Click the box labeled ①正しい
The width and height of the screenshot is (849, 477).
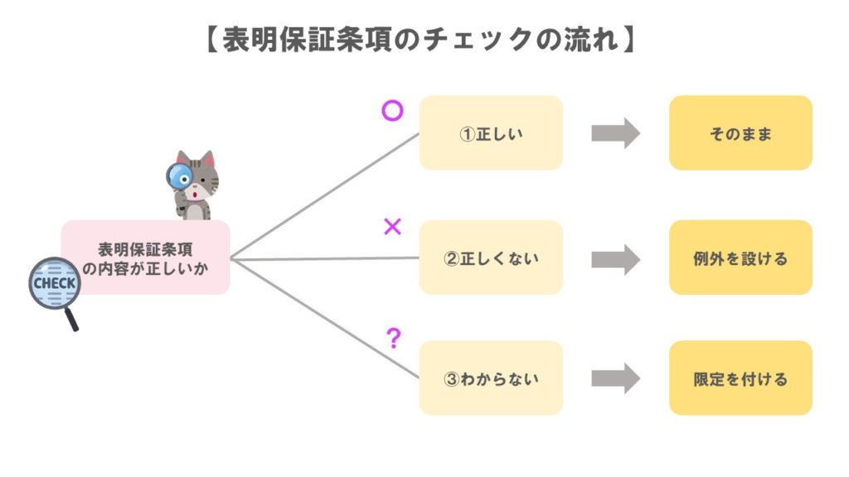[491, 133]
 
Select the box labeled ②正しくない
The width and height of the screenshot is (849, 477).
[491, 258]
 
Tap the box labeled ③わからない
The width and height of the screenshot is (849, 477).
[491, 378]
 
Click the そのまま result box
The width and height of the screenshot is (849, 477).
[740, 133]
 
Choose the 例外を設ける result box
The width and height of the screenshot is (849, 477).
[740, 258]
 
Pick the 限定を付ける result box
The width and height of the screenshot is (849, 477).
[740, 378]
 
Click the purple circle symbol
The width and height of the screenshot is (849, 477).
[392, 110]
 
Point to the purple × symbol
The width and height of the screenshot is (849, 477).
[392, 227]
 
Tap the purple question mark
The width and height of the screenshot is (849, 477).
[394, 338]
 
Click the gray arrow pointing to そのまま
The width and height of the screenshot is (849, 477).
[615, 133]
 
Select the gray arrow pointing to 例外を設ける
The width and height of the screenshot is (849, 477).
[615, 258]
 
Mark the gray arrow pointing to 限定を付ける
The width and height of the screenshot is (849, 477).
[615, 378]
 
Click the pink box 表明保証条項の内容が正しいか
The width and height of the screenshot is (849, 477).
[146, 258]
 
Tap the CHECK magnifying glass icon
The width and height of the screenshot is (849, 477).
[55, 285]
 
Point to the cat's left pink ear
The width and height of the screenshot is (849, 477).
[182, 158]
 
